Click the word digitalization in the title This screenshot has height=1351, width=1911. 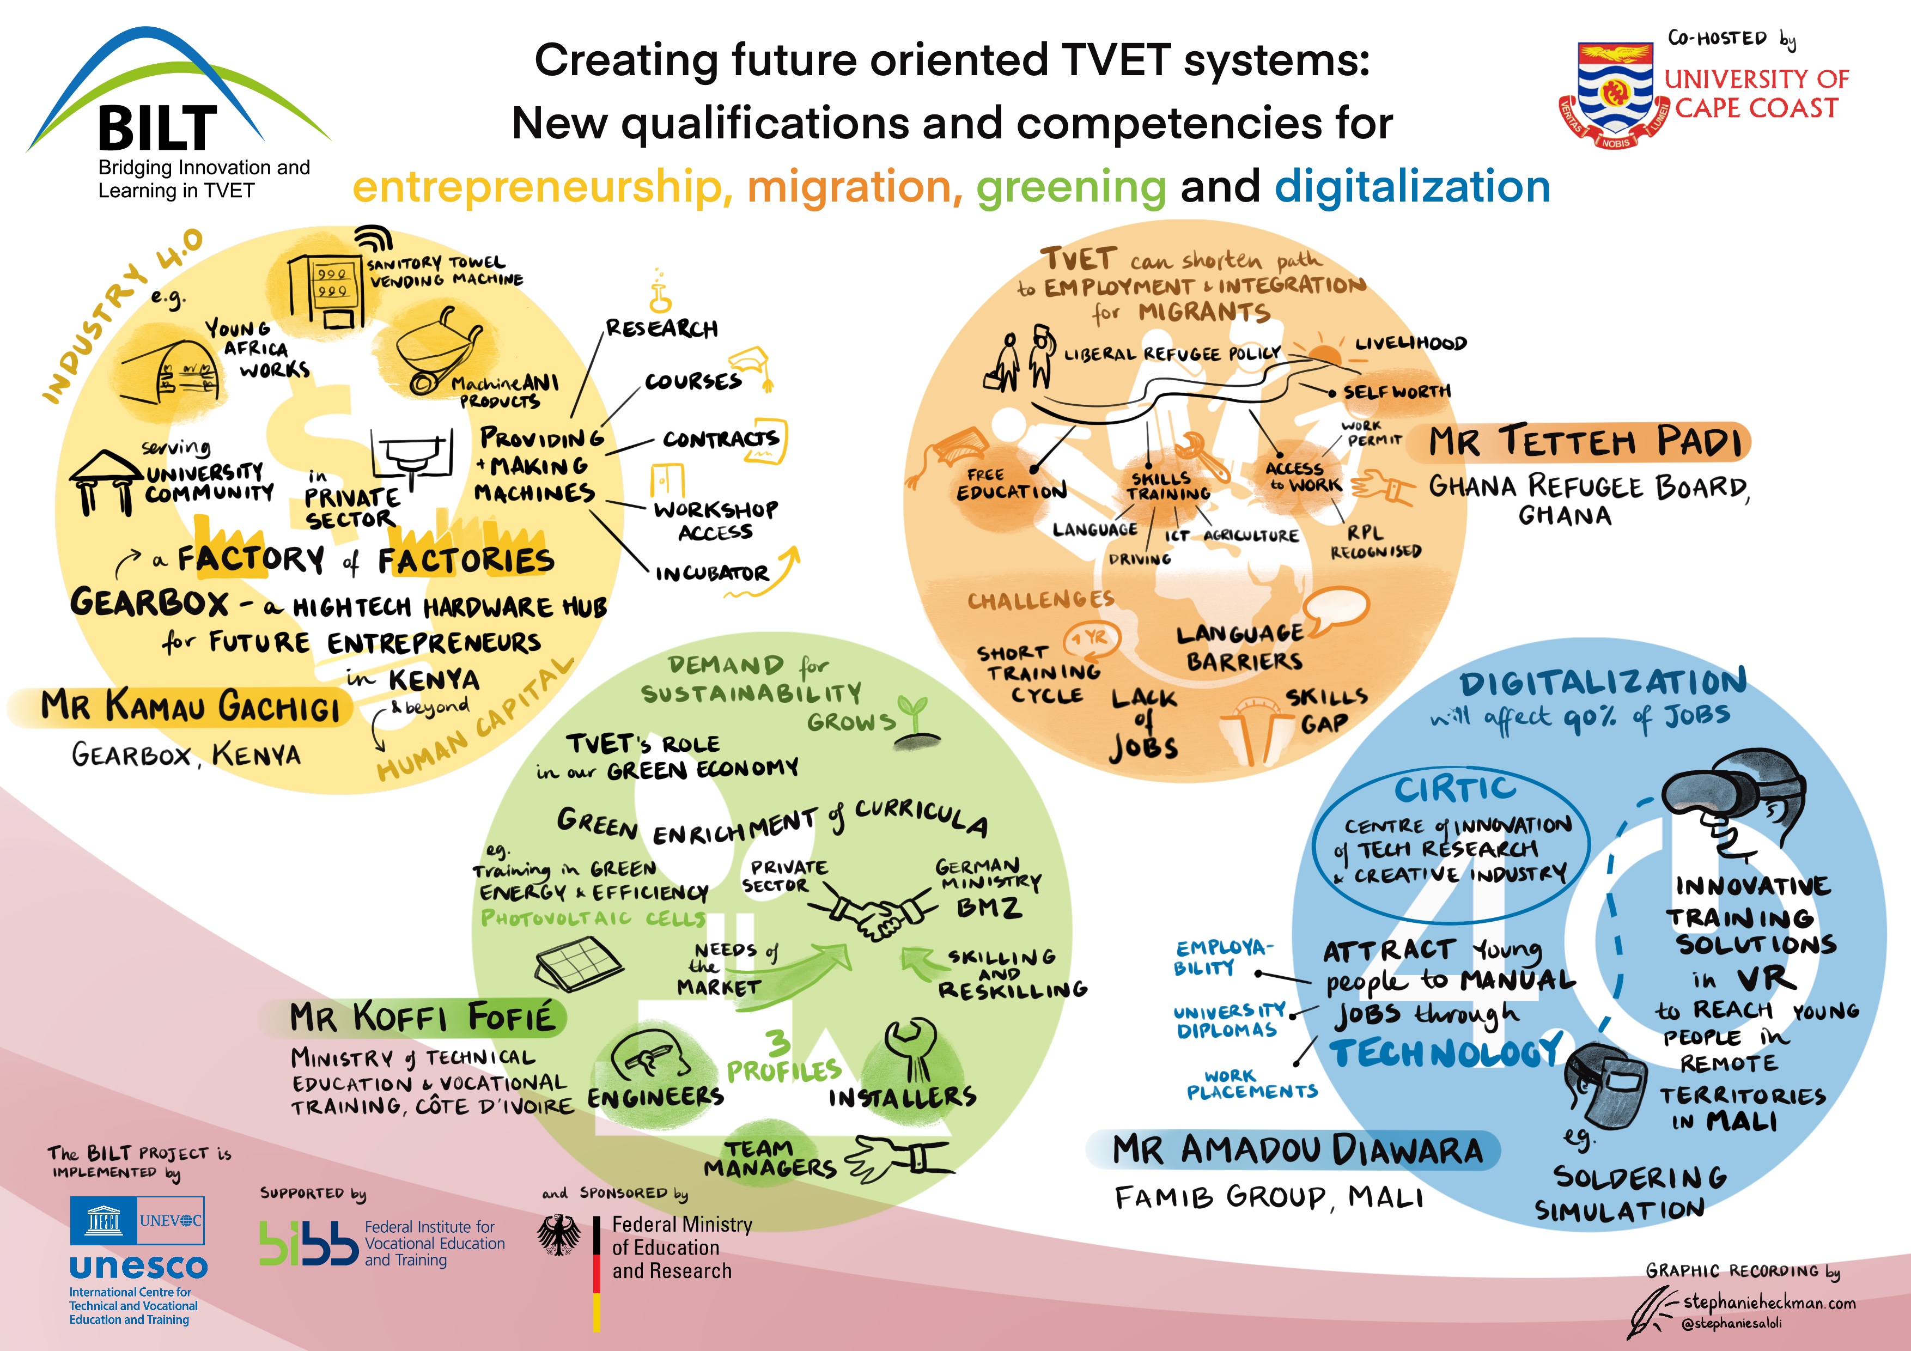(1413, 186)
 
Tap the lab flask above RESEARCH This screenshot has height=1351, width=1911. (661, 292)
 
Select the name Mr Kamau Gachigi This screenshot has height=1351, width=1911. (191, 707)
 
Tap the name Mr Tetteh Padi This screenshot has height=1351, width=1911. (1586, 442)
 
